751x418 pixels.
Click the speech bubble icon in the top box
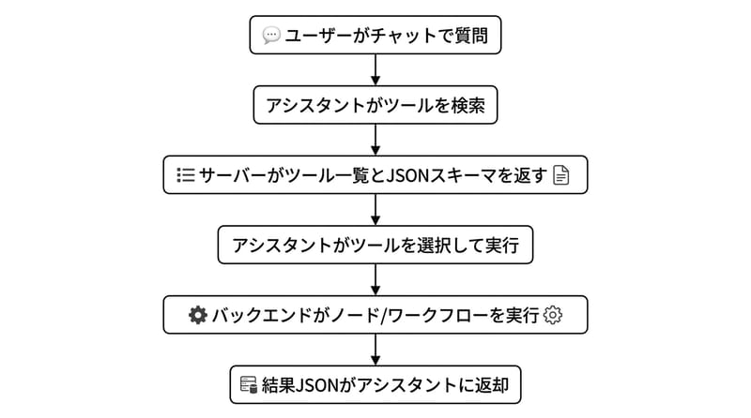pos(271,36)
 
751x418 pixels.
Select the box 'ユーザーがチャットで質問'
pos(375,36)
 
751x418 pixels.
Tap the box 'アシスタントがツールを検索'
pos(375,105)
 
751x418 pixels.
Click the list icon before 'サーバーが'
pos(185,175)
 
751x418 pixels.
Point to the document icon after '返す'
pos(561,175)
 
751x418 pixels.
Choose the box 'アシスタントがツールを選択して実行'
pos(375,246)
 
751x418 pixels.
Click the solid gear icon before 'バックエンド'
pos(197,315)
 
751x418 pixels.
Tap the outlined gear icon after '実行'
pos(553,315)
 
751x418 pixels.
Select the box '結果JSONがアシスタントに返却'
pos(375,384)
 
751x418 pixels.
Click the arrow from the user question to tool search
pos(375,70)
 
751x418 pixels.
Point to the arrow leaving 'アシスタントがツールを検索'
pos(375,140)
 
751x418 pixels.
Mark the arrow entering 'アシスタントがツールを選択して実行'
pos(375,210)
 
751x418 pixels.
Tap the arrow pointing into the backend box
pos(375,279)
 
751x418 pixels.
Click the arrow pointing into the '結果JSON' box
pos(375,350)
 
